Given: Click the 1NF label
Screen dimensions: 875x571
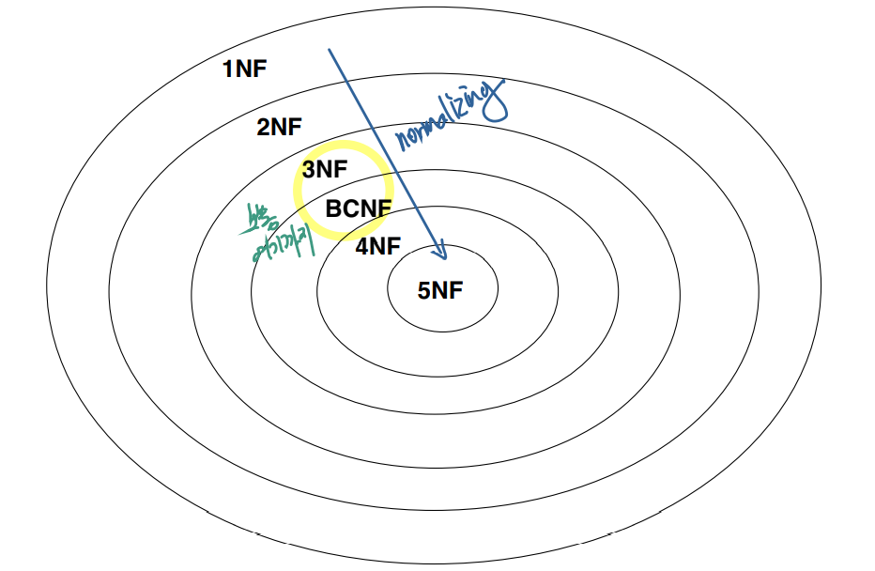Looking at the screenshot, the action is [244, 69].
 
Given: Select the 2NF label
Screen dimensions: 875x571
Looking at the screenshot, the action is [280, 128].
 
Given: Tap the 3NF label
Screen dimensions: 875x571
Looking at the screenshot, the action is [325, 170].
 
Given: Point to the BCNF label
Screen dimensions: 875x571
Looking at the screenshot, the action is [356, 208].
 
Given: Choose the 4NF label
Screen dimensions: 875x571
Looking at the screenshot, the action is [378, 247].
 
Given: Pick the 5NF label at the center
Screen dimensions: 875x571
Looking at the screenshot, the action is [440, 290].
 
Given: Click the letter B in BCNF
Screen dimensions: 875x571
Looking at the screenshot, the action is [332, 208].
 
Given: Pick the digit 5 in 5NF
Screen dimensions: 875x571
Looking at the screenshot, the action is [423, 290].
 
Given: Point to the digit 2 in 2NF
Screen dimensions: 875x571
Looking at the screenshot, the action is [263, 128].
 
